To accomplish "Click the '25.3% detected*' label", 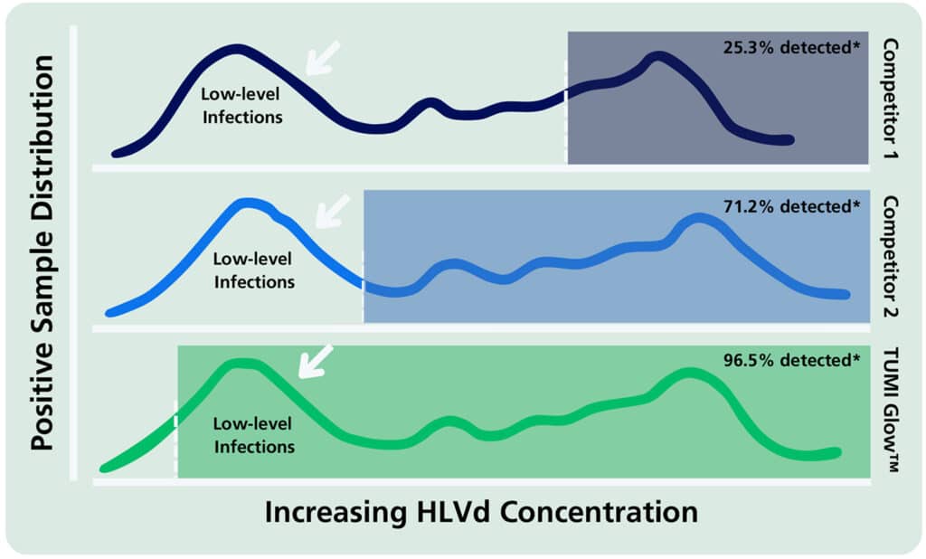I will click(x=789, y=47).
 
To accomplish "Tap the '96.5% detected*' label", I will click(x=789, y=360).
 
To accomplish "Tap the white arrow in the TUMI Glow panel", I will click(x=316, y=361).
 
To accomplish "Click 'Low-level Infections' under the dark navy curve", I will click(x=241, y=105).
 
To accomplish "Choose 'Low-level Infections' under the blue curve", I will click(x=253, y=270).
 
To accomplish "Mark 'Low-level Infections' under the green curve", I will click(x=253, y=434).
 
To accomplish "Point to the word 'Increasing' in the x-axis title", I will click(x=335, y=512).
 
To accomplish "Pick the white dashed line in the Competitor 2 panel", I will click(x=364, y=288).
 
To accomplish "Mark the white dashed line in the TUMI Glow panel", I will click(x=175, y=439).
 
